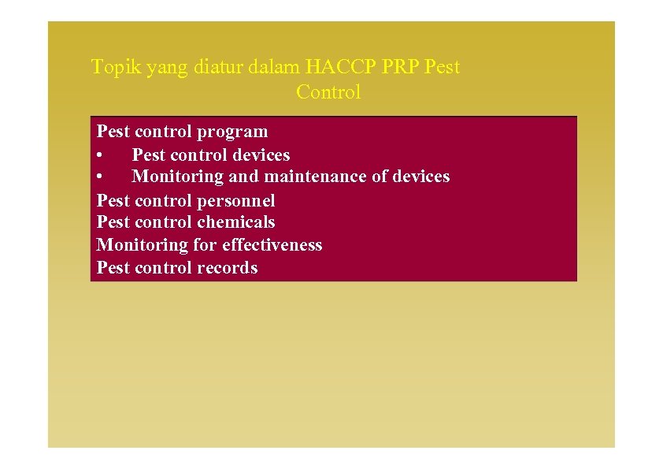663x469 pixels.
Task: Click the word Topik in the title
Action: (112, 67)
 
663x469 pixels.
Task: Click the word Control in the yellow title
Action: (328, 92)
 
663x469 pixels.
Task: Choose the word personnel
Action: (236, 201)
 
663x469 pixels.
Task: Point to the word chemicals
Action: (236, 222)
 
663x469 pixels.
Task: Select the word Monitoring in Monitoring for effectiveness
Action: (142, 245)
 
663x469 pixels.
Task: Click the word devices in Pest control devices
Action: (261, 155)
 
